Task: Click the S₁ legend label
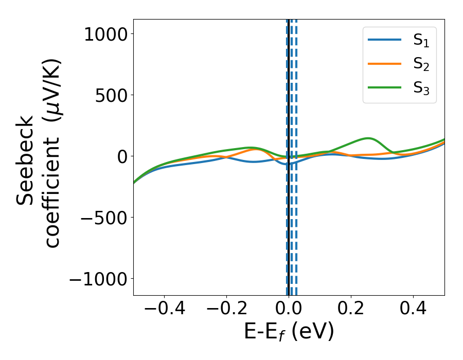pyautogui.click(x=421, y=41)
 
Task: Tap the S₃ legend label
pyautogui.click(x=421, y=88)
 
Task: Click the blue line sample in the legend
pyautogui.click(x=384, y=41)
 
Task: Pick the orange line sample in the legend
pyautogui.click(x=384, y=64)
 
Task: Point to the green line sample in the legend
pyautogui.click(x=384, y=87)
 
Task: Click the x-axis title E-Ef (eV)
pyautogui.click(x=289, y=332)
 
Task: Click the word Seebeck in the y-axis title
pyautogui.click(x=26, y=159)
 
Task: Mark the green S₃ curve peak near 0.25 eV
pyautogui.click(x=368, y=138)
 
